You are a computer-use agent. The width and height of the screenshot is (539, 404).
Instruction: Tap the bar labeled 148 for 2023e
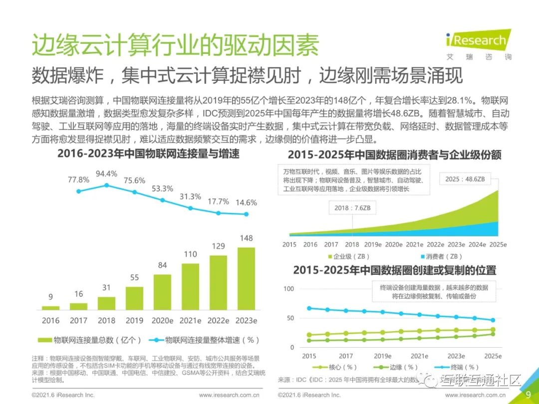coord(246,279)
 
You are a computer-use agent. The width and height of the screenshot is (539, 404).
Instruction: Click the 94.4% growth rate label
coord(106,174)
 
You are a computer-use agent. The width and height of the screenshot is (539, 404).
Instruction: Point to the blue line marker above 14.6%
coord(246,214)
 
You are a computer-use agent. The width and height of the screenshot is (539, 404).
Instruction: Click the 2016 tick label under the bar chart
coord(50,320)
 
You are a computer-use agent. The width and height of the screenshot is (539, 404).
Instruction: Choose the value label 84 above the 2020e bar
coord(162,265)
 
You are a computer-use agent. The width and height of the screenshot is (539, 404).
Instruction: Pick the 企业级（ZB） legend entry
coord(347,256)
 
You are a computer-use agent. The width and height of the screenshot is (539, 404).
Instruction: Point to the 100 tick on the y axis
coord(289,289)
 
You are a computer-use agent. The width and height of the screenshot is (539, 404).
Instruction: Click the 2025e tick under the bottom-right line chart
coord(493,356)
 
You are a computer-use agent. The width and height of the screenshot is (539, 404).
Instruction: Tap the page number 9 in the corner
coord(528,394)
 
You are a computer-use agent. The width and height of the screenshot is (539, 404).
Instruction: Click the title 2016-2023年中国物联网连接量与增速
coord(148,154)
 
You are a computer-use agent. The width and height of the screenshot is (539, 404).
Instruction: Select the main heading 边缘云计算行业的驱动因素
coord(175,46)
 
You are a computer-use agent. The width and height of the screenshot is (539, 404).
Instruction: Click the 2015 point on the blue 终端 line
coord(309,308)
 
